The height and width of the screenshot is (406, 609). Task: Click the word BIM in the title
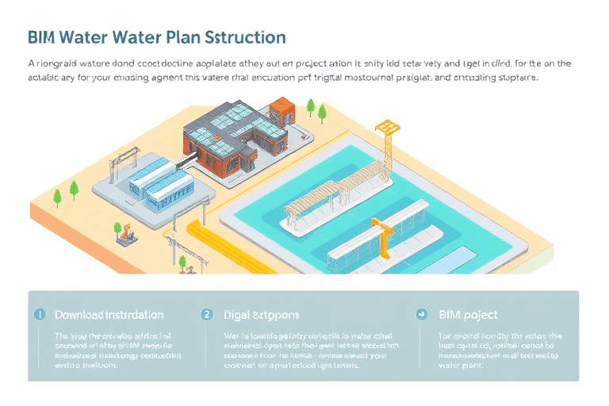(41, 37)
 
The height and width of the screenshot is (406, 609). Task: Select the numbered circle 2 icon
(207, 315)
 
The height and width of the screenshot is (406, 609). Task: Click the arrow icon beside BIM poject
(422, 315)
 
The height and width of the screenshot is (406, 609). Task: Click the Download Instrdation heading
(109, 315)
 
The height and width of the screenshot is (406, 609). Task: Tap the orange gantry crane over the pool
(383, 236)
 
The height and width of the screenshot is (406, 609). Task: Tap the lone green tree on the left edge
(74, 189)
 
